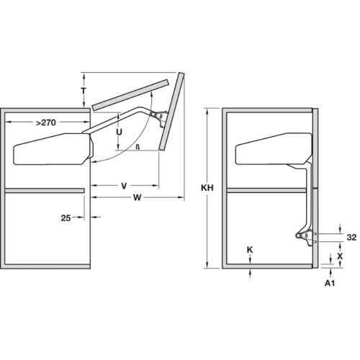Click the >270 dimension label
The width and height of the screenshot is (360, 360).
(x=45, y=123)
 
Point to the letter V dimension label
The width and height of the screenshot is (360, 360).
(x=124, y=186)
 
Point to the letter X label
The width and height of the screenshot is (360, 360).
(x=340, y=255)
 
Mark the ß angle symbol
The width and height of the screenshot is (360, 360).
(x=137, y=146)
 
